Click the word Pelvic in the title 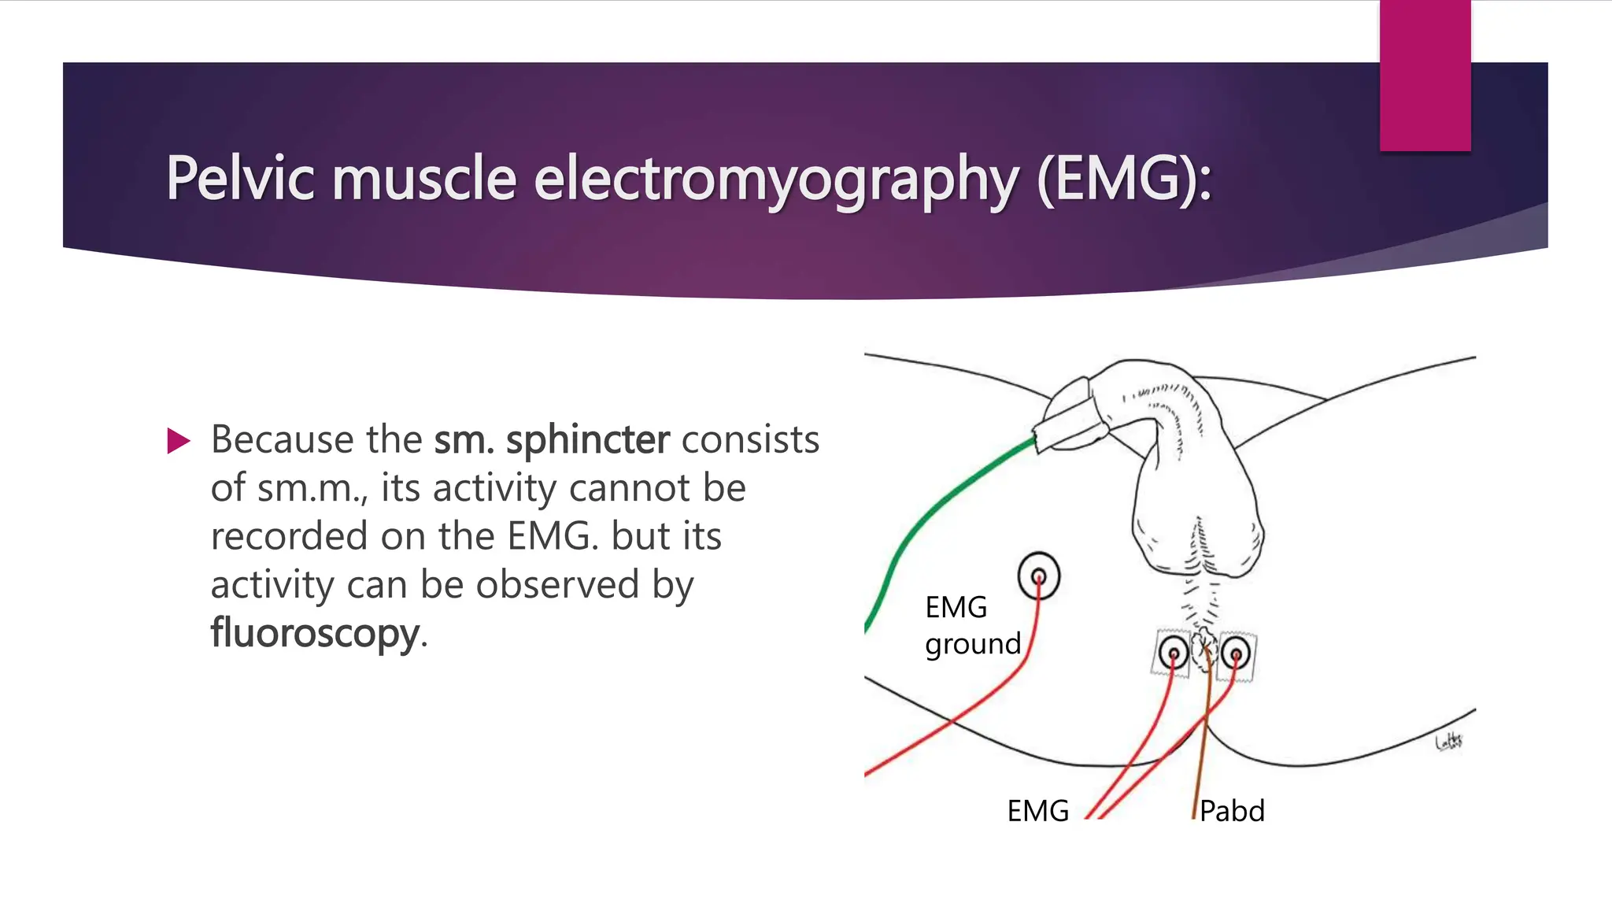pyautogui.click(x=239, y=178)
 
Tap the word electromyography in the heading pyautogui.click(x=775, y=180)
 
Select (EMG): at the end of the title pyautogui.click(x=1124, y=180)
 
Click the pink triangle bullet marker pyautogui.click(x=179, y=441)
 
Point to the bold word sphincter pyautogui.click(x=587, y=439)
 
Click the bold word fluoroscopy pyautogui.click(x=315, y=633)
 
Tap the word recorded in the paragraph pyautogui.click(x=289, y=536)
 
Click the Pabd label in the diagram pyautogui.click(x=1232, y=811)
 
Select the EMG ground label pyautogui.click(x=972, y=625)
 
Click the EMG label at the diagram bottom pyautogui.click(x=1037, y=811)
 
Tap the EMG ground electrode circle pyautogui.click(x=1038, y=576)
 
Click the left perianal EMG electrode pyautogui.click(x=1173, y=653)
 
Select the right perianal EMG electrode pyautogui.click(x=1235, y=653)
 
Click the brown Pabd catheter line pyautogui.click(x=1201, y=748)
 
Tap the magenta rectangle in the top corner pyautogui.click(x=1425, y=76)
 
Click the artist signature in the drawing pyautogui.click(x=1448, y=741)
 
